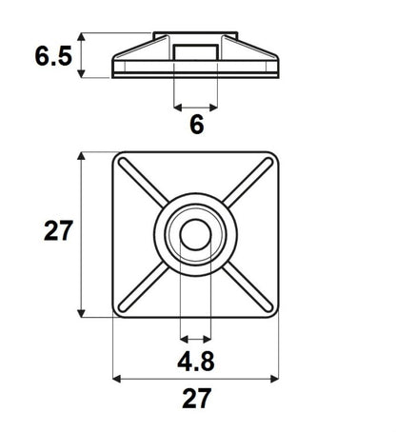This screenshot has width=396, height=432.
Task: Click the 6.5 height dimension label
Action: pyautogui.click(x=53, y=56)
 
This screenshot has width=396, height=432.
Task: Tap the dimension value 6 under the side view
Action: pyautogui.click(x=197, y=125)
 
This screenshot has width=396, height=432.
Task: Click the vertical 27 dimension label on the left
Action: pyautogui.click(x=58, y=232)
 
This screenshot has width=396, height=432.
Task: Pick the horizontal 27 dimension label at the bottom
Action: pyautogui.click(x=196, y=400)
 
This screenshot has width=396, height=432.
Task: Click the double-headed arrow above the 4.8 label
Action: pyautogui.click(x=196, y=338)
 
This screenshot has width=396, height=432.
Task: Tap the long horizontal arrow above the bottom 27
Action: pyautogui.click(x=196, y=379)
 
